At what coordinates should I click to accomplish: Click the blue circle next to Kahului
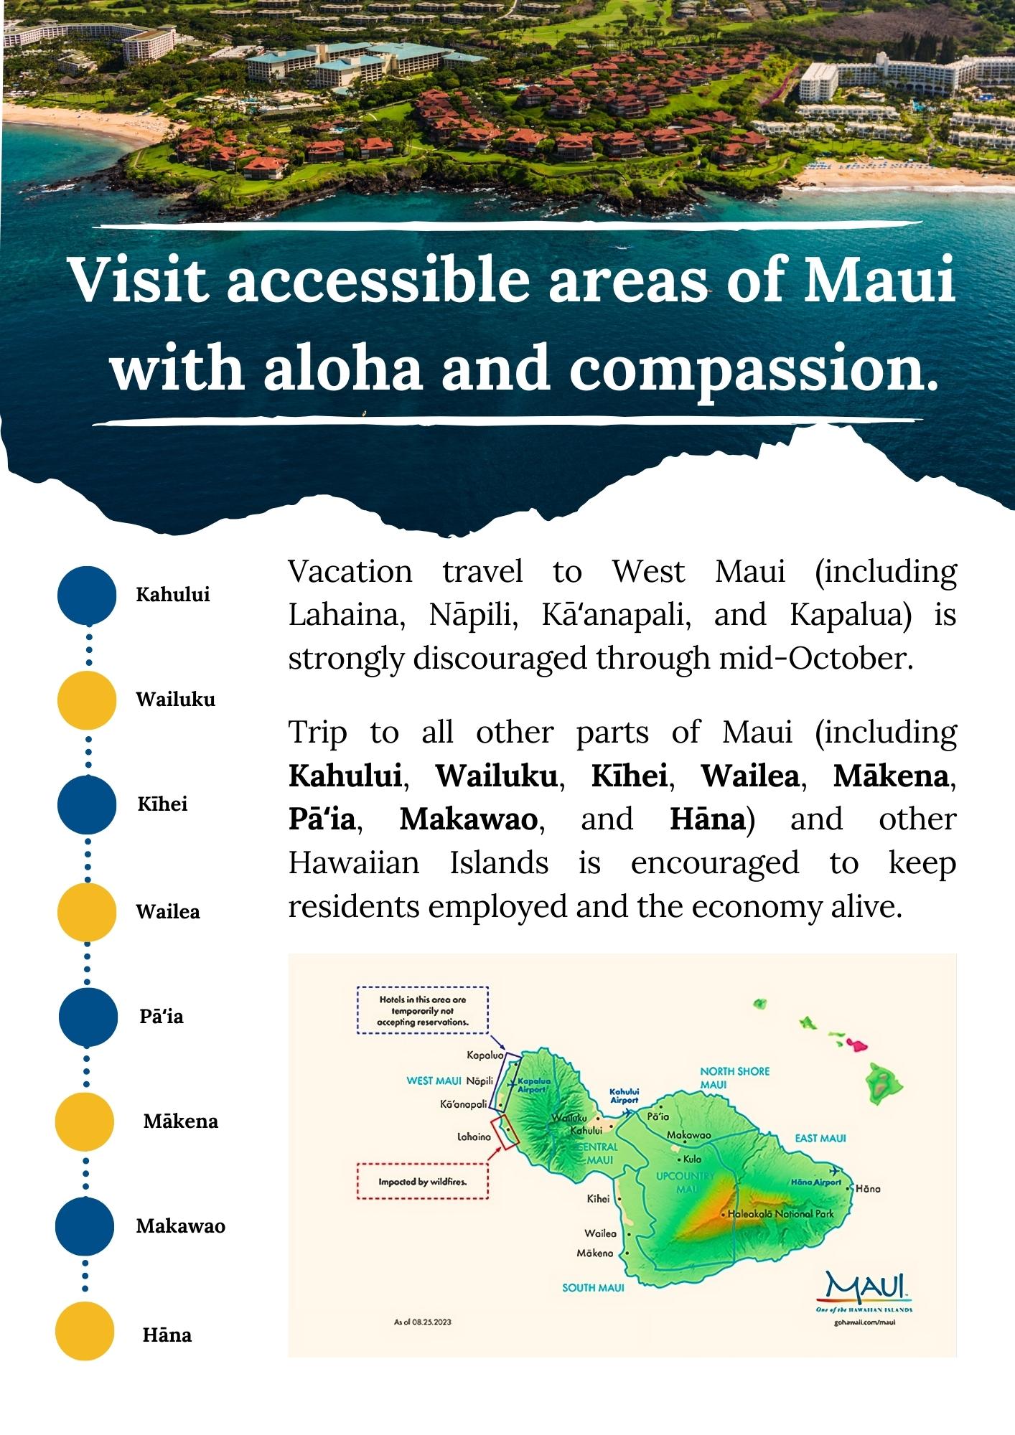click(87, 595)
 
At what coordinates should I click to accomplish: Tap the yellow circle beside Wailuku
click(87, 700)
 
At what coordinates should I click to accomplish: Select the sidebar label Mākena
click(180, 1121)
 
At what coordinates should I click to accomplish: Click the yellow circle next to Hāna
click(85, 1331)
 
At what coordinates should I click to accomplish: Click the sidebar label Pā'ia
click(162, 1016)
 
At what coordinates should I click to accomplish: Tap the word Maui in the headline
click(880, 279)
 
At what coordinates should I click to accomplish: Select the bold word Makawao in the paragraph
click(468, 819)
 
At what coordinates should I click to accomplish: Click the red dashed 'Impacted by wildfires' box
click(423, 1182)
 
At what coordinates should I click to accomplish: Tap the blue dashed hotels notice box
click(423, 1010)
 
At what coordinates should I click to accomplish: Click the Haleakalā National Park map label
click(781, 1214)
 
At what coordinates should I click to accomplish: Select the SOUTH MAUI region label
click(593, 1288)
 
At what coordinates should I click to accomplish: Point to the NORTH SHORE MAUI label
click(734, 1078)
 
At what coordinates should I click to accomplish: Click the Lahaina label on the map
click(474, 1137)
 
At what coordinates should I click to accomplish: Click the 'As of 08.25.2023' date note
click(423, 1322)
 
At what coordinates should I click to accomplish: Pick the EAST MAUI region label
click(820, 1138)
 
